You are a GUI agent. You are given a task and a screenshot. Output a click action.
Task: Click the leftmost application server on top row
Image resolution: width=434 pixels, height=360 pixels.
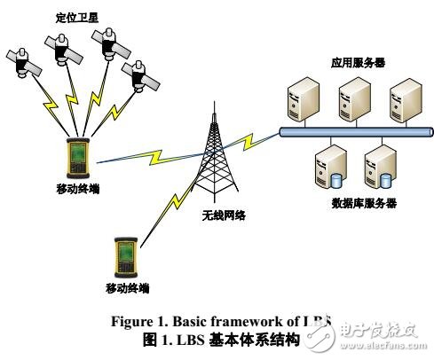(x=299, y=100)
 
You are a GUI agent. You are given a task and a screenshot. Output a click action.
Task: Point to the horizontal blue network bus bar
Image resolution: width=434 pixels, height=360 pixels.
(x=355, y=132)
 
